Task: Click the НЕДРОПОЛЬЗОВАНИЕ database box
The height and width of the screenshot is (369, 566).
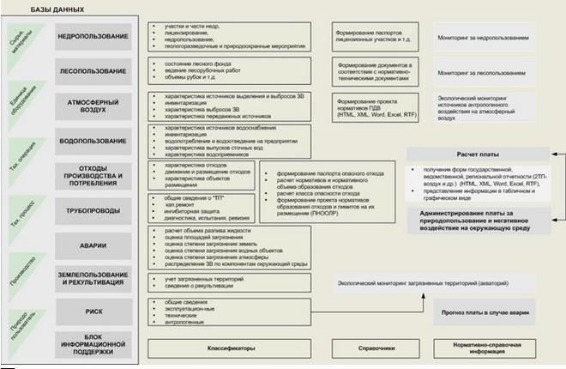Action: [93, 38]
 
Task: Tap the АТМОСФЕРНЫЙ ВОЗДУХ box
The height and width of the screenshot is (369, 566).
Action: [93, 106]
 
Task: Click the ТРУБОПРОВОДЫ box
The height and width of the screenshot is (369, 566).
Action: [93, 207]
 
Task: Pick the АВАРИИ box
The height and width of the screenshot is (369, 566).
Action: [93, 243]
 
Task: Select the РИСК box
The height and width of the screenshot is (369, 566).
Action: [93, 312]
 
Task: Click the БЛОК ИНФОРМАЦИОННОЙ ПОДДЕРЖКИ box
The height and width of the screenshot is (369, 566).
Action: [93, 345]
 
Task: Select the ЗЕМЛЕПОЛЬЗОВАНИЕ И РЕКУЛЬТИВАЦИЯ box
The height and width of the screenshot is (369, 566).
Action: [93, 275]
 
